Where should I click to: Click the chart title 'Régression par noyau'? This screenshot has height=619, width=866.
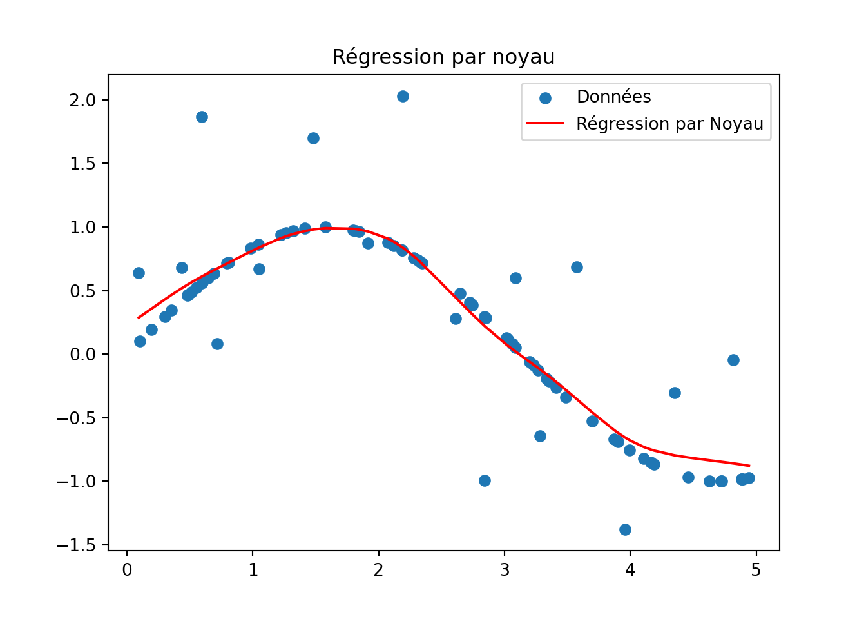(443, 57)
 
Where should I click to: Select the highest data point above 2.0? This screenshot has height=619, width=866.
(403, 96)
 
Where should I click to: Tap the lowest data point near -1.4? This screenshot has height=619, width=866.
(625, 529)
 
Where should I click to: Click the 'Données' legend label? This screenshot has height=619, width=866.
(613, 97)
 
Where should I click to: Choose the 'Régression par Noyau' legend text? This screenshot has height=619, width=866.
(669, 124)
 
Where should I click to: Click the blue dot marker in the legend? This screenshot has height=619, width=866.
(545, 98)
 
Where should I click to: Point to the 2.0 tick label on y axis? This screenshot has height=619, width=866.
(82, 100)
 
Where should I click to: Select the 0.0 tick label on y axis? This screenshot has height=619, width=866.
(82, 355)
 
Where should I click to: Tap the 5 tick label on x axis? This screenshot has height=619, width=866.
(756, 570)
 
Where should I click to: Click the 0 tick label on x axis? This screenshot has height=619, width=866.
(127, 570)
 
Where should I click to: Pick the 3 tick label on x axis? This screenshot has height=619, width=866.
(505, 570)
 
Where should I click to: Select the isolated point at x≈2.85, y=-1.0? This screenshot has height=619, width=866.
(485, 480)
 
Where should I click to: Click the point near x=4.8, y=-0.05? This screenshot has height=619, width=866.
(733, 360)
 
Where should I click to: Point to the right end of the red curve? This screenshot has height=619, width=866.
(749, 466)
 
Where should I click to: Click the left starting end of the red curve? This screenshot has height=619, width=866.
(139, 318)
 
